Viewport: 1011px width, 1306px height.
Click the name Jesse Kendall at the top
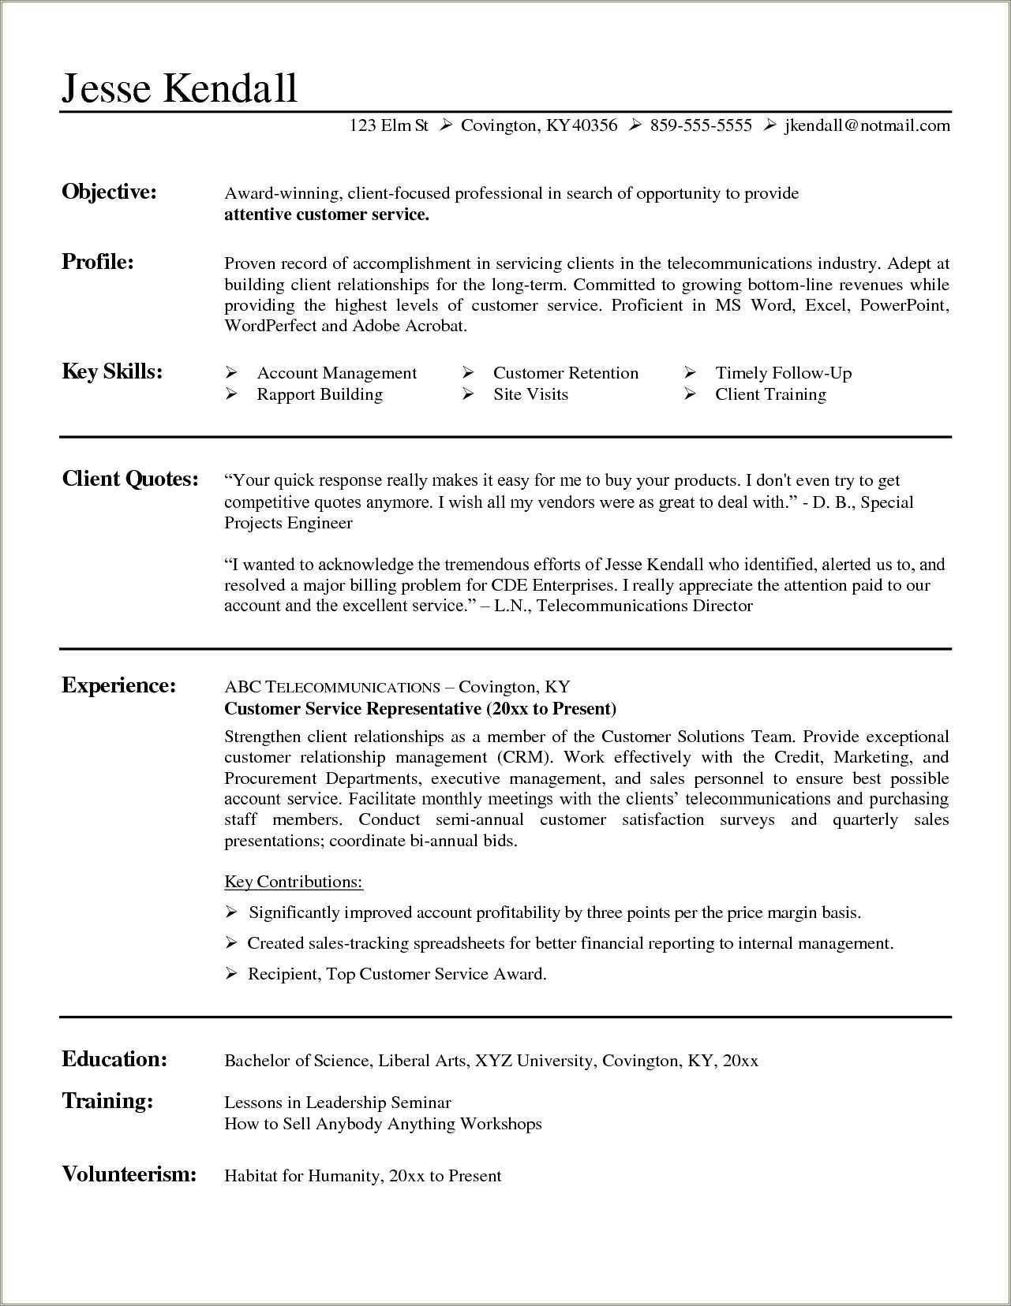tap(179, 87)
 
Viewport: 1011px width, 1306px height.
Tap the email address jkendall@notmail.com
tap(867, 125)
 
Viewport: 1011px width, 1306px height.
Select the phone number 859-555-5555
tap(701, 125)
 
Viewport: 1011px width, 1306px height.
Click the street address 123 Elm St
tap(388, 125)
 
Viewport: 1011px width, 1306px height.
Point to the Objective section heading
tap(109, 192)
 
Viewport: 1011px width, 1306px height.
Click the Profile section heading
tap(98, 262)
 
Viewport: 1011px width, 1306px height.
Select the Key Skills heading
tap(112, 371)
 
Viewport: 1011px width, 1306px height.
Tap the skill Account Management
tap(336, 373)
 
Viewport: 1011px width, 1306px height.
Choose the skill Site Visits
tap(530, 394)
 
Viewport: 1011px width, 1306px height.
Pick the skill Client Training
tap(770, 394)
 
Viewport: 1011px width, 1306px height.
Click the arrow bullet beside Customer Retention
tap(468, 372)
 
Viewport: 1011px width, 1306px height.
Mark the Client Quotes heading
tap(130, 479)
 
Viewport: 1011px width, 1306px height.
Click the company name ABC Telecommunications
tap(331, 687)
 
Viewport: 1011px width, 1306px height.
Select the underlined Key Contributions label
tap(294, 882)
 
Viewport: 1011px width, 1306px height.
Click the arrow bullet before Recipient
tap(231, 974)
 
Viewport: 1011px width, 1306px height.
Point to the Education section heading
tap(114, 1059)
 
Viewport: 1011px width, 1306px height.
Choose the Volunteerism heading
tap(129, 1174)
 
